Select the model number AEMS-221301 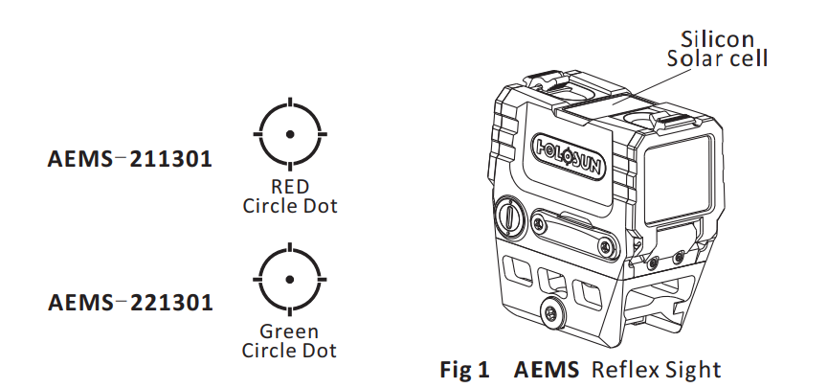coord(129,303)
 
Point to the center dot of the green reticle coord(290,279)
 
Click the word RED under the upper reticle coord(290,188)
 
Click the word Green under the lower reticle coord(290,332)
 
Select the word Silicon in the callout coord(717,39)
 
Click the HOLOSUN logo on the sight coord(568,151)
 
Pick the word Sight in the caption coord(692,368)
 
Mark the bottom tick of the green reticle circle coord(290,309)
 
